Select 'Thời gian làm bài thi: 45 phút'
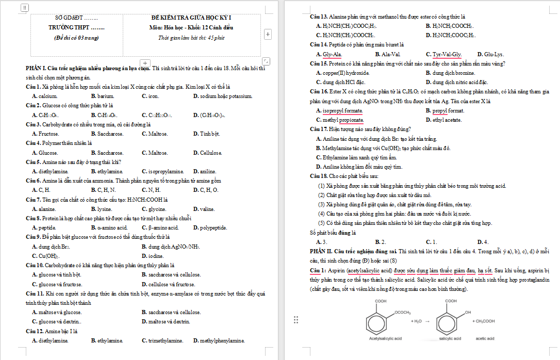coord(191,38)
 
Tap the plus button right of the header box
coord(268,34)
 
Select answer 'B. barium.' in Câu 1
coord(102,96)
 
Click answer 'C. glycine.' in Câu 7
coord(154,209)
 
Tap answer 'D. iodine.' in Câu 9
coord(153,256)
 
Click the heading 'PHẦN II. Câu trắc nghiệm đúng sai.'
coord(353,251)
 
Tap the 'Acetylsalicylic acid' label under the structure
coord(385,338)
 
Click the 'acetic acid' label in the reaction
coord(485,338)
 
